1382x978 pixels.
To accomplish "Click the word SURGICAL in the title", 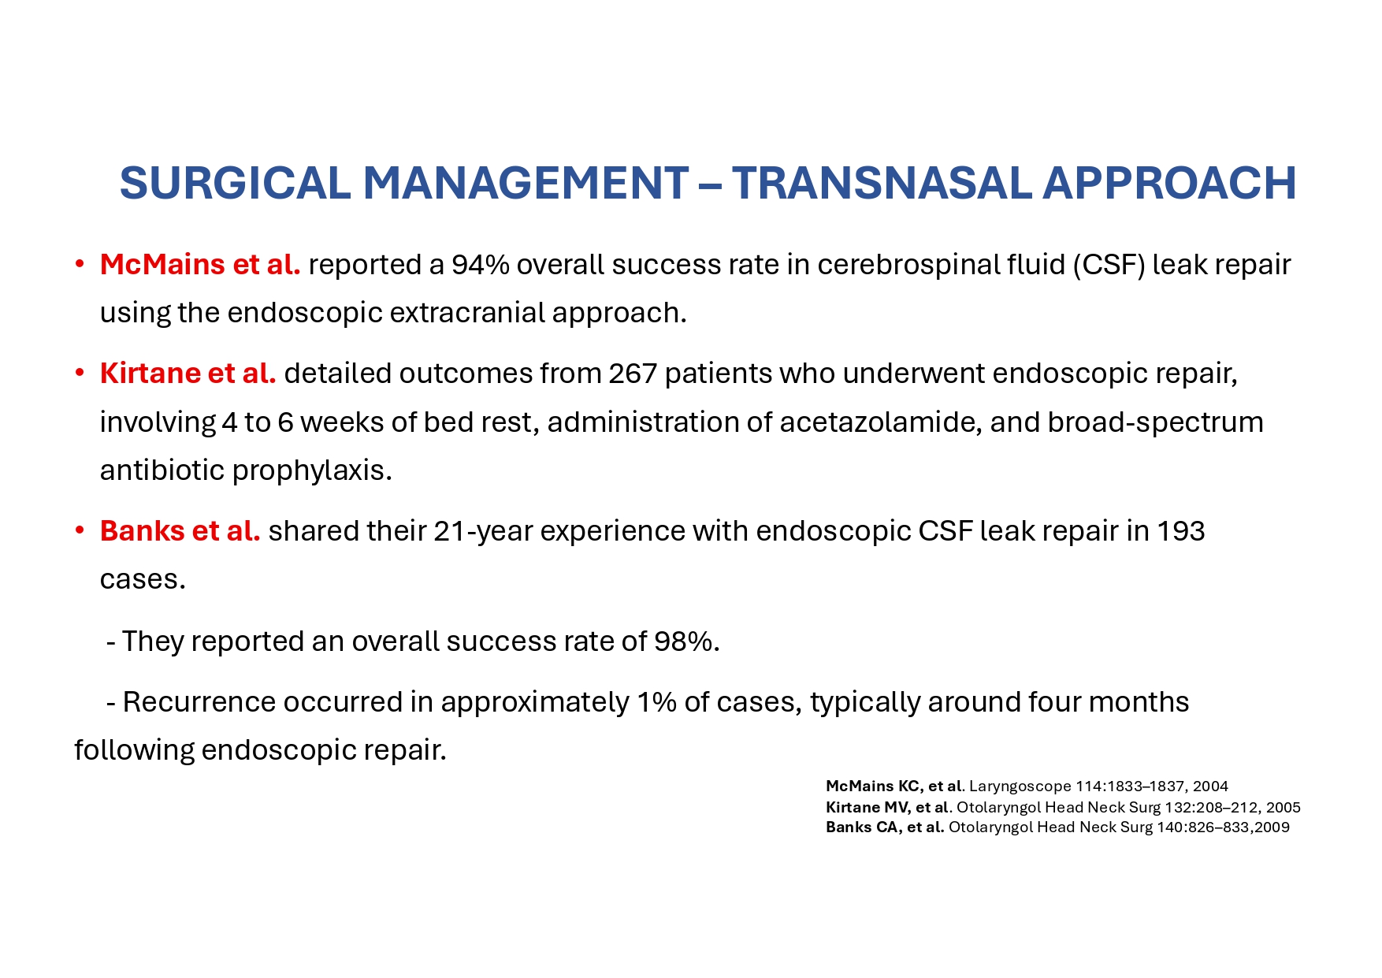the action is pos(235,183).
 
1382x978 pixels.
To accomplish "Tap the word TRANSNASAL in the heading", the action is pos(880,183).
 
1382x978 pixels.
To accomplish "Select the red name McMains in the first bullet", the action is pos(162,264).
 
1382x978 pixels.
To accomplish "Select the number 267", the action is pos(633,373).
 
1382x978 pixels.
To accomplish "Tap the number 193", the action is pos(1180,530).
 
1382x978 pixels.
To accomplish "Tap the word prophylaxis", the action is pos(312,470).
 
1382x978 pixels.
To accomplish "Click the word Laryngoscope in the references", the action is pos(1020,786).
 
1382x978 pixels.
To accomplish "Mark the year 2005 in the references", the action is pos(1284,807).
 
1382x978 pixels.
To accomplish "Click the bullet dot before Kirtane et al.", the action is pos(80,373).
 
